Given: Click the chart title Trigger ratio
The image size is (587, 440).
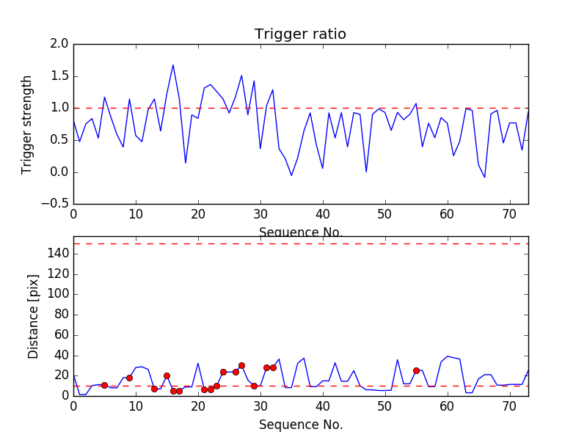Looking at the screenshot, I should tap(300, 34).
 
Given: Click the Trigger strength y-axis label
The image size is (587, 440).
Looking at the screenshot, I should tap(27, 124).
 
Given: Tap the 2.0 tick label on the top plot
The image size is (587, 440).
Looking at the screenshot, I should tap(59, 44).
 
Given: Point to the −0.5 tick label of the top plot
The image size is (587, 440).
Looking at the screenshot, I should tap(54, 204).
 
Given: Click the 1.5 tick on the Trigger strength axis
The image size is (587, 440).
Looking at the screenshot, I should tap(59, 76).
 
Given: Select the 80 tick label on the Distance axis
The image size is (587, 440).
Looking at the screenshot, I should tap(60, 315).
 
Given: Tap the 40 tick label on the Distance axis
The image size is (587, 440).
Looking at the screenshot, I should tap(60, 356).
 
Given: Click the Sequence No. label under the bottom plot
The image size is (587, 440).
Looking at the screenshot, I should tap(300, 425).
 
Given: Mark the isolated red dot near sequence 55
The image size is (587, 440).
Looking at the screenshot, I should tap(416, 370).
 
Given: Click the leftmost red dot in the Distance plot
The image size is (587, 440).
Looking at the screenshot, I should tap(104, 385).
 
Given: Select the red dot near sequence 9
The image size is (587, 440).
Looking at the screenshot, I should tap(129, 378).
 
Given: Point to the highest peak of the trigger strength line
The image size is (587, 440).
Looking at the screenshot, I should tap(173, 65).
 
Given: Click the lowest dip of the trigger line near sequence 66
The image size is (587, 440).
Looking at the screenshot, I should tap(484, 177).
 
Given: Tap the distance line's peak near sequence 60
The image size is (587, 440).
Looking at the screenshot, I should tap(447, 356).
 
